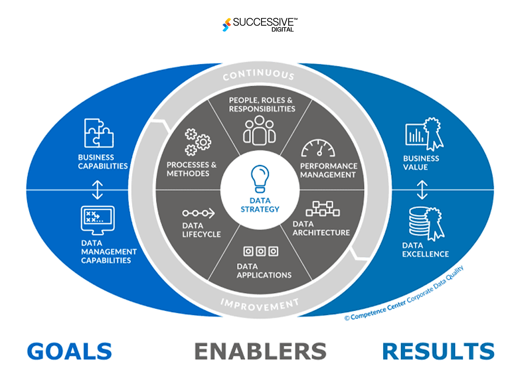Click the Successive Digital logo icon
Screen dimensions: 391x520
[x=227, y=25]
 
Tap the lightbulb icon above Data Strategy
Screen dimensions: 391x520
[x=260, y=179]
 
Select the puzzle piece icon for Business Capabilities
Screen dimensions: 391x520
[x=99, y=133]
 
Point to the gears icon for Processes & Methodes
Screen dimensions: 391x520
[x=198, y=142]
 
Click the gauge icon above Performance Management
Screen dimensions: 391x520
[x=318, y=148]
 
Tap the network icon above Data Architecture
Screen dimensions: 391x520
[x=322, y=209]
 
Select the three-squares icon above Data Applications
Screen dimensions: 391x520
[x=261, y=251]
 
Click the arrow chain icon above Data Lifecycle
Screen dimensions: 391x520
[x=198, y=213]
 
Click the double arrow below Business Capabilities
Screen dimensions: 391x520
[x=97, y=190]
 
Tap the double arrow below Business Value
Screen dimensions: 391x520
[x=422, y=190]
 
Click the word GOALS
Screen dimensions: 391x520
[x=69, y=351]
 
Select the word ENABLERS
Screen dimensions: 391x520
[x=260, y=351]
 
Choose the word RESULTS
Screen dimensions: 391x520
[x=438, y=351]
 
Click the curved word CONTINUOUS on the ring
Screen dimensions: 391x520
[x=259, y=74]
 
